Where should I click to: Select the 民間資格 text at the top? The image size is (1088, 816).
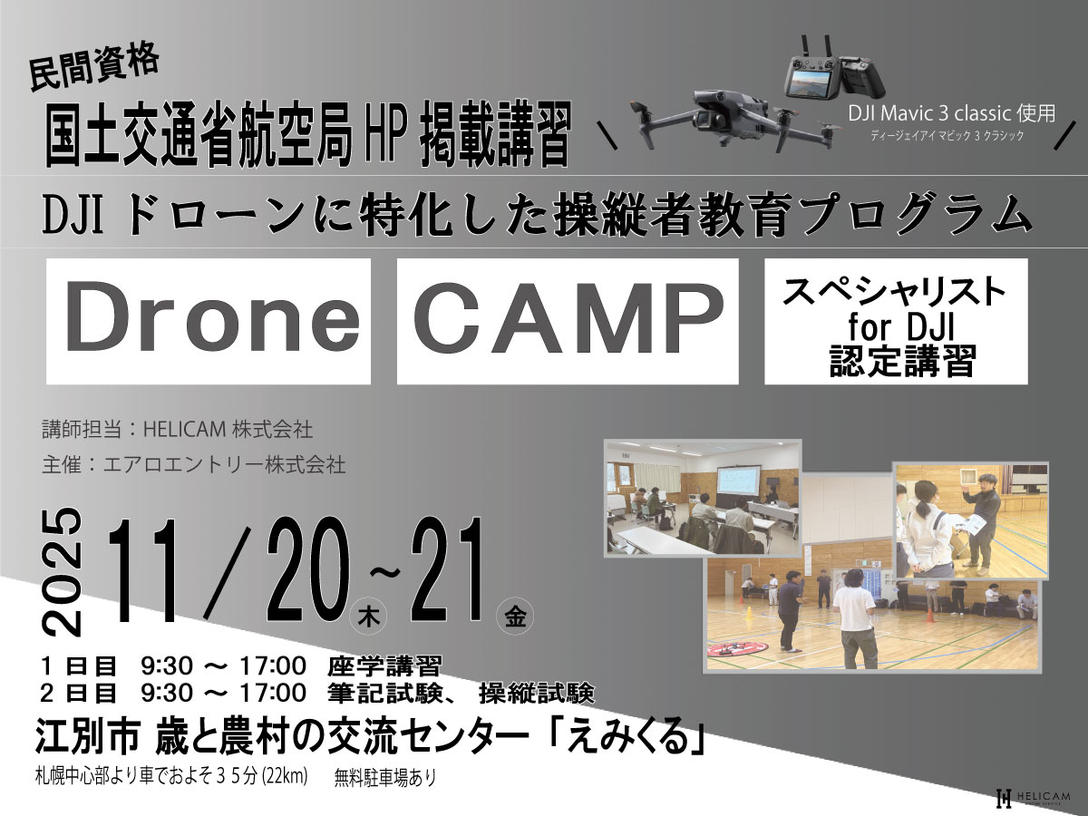[x=94, y=67]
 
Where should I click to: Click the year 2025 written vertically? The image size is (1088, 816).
[x=62, y=572]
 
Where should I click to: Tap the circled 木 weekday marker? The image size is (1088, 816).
[x=369, y=617]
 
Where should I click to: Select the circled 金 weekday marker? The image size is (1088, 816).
[x=514, y=617]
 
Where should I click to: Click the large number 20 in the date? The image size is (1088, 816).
[x=307, y=569]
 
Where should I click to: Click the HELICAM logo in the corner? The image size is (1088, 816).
[x=1032, y=799]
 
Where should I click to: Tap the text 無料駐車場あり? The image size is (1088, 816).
[x=385, y=777]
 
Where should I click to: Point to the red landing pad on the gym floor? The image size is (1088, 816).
[x=735, y=649]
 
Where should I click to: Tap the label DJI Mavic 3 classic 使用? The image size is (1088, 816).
[x=951, y=113]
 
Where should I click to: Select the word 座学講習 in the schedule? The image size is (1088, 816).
[x=384, y=666]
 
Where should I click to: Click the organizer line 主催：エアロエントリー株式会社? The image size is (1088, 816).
[x=194, y=466]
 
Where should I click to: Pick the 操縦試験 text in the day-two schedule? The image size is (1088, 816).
[x=537, y=693]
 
